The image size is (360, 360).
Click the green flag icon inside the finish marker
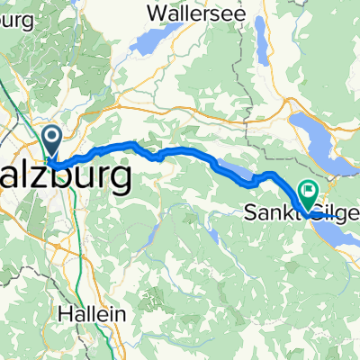point(310,189)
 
